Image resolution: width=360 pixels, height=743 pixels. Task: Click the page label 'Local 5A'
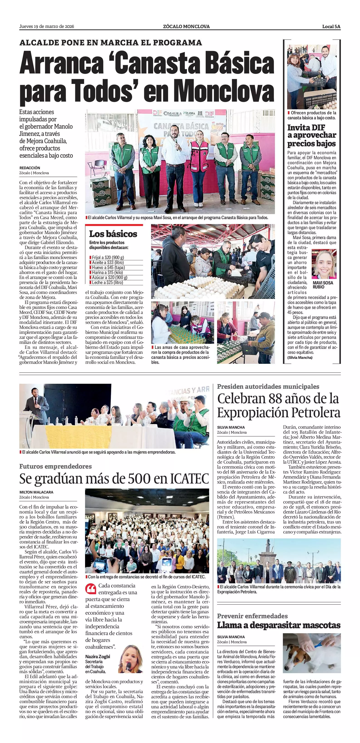coord(331,27)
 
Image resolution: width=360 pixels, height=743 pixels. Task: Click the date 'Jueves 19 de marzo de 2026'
coord(47,27)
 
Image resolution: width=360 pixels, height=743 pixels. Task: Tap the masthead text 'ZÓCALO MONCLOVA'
coord(186,27)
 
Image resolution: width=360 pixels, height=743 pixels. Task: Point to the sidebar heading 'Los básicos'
coord(113,234)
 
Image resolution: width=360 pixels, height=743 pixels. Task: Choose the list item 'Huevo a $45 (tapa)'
coord(108,267)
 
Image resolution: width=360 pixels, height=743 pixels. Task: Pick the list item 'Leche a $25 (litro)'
coord(107,282)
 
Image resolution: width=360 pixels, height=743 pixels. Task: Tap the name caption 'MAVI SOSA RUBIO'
coord(323,285)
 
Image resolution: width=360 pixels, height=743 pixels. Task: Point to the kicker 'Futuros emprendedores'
coord(55,466)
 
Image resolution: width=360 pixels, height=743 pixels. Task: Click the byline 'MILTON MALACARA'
coord(36,492)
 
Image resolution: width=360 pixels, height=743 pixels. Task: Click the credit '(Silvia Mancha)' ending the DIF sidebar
coord(300,357)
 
